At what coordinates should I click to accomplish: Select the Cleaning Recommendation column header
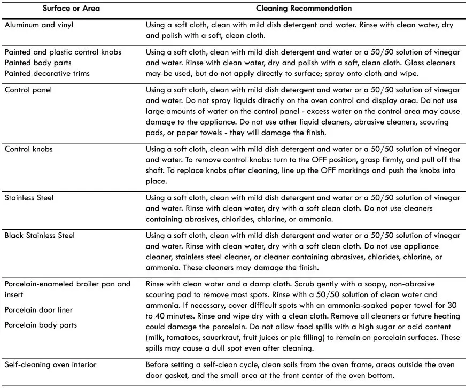pos(304,9)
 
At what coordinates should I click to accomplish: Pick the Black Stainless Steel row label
pos(40,236)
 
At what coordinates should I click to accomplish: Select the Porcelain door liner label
pos(38,310)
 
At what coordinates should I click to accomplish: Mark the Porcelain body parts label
pos(41,325)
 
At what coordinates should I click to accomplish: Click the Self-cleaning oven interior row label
pos(51,364)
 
